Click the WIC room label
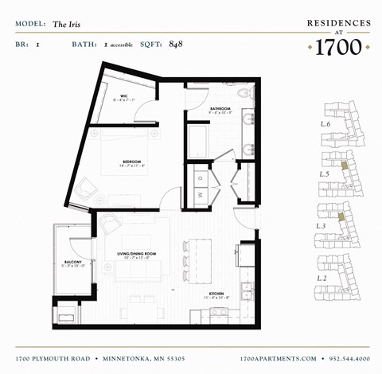tap(125, 96)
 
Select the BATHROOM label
tap(220, 108)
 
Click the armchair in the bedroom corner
tap(86, 189)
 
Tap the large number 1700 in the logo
tap(338, 49)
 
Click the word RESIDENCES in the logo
tap(338, 24)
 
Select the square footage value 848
tap(176, 44)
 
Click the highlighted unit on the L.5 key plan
tap(344, 166)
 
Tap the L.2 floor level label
tap(322, 278)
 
